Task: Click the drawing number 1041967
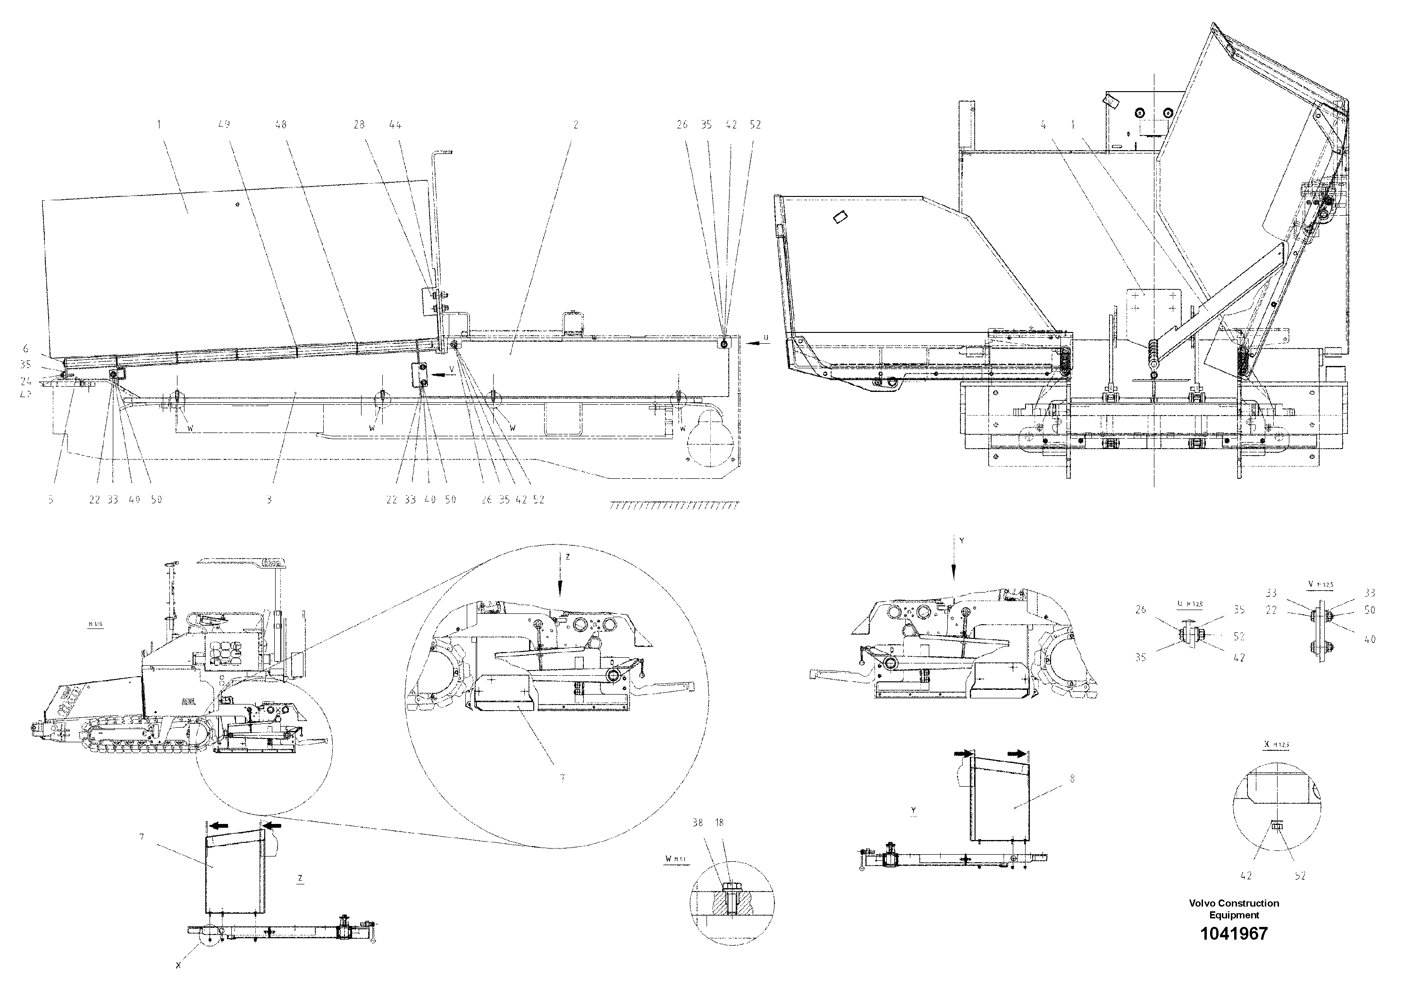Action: pyautogui.click(x=1234, y=934)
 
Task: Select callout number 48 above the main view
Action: pyautogui.click(x=281, y=124)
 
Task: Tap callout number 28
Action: pyautogui.click(x=359, y=124)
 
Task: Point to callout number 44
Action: pyautogui.click(x=395, y=124)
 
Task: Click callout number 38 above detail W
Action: pyautogui.click(x=698, y=823)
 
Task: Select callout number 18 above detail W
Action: pyautogui.click(x=720, y=823)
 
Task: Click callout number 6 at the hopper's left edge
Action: pyautogui.click(x=25, y=348)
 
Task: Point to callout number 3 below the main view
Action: pyautogui.click(x=269, y=500)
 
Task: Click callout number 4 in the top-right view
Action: pyautogui.click(x=1043, y=125)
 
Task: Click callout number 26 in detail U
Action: pyautogui.click(x=1141, y=610)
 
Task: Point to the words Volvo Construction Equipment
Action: pyautogui.click(x=1234, y=908)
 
